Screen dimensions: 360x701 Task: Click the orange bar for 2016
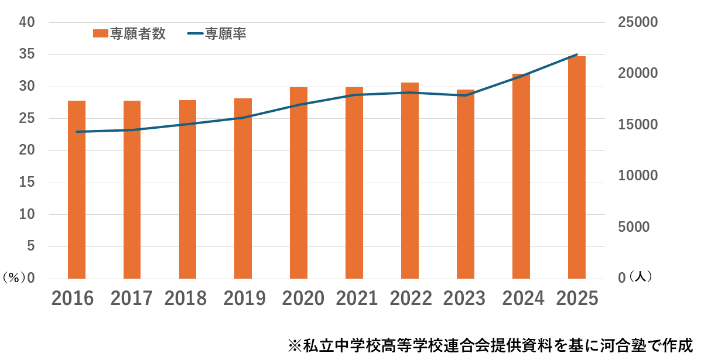[77, 190]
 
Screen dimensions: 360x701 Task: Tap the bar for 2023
[466, 184]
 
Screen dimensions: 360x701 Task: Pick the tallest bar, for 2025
[577, 167]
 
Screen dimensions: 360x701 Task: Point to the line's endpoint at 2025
[577, 54]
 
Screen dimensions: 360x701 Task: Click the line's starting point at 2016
[77, 132]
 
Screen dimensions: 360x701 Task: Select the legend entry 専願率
[225, 34]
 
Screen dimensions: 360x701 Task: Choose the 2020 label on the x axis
[303, 298]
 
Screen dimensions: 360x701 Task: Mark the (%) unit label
[13, 278]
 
